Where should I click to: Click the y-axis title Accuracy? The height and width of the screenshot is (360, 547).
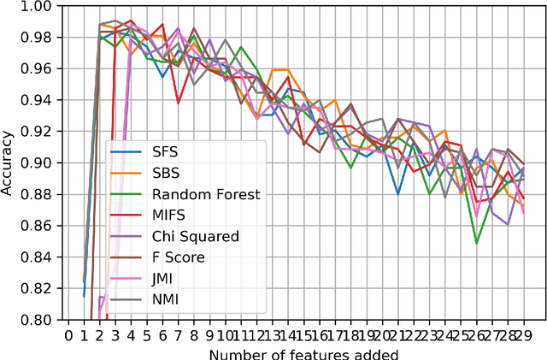point(9,162)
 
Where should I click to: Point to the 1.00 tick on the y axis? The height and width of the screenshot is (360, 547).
point(39,7)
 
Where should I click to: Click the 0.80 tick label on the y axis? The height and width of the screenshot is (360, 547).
point(39,321)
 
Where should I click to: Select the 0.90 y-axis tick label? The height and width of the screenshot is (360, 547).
point(39,163)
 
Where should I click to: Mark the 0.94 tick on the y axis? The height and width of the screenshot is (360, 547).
point(39,101)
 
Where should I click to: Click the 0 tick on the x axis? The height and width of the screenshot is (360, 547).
point(69,334)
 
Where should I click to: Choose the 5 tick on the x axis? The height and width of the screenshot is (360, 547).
point(147,334)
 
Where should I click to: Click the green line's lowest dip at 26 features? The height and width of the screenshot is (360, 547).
point(476,243)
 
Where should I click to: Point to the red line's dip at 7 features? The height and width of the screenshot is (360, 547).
point(178,103)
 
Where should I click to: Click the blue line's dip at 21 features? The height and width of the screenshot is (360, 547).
point(397,193)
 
